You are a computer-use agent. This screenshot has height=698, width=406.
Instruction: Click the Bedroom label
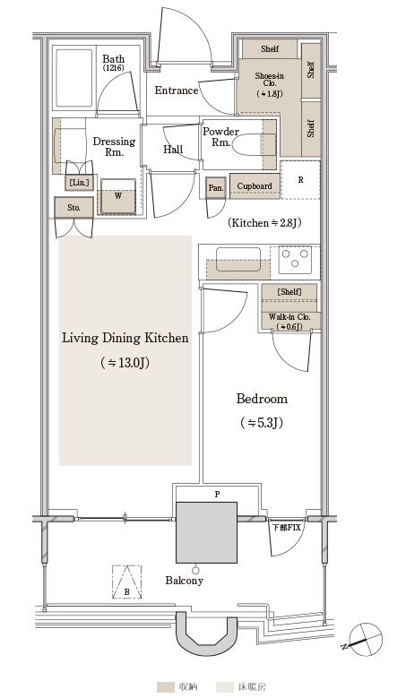pos(262,399)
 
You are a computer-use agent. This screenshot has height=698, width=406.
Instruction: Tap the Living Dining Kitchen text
pos(125,338)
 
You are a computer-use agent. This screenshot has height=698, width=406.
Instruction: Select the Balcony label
pos(185,581)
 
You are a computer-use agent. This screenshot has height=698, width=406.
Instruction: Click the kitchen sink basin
pos(238,260)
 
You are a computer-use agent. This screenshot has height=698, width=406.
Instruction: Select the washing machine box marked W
pos(118,196)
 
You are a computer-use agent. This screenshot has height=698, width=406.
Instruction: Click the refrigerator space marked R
pos(300,180)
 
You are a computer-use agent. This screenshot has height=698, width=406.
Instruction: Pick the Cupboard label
pos(255,186)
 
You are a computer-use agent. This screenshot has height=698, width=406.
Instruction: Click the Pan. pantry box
pos(216,188)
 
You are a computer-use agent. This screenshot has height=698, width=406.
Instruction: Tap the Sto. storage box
pos(73,208)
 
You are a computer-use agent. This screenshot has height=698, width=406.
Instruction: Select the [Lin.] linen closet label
pos(79,182)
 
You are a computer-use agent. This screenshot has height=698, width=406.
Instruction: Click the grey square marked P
pos(206,532)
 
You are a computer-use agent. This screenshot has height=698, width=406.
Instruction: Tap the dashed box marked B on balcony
pos(127,582)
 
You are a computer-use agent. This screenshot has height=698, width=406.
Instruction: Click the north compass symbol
pos(366,639)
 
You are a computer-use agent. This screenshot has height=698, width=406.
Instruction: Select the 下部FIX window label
pos(287,528)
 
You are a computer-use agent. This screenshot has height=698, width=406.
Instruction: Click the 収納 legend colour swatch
pos(166,687)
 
